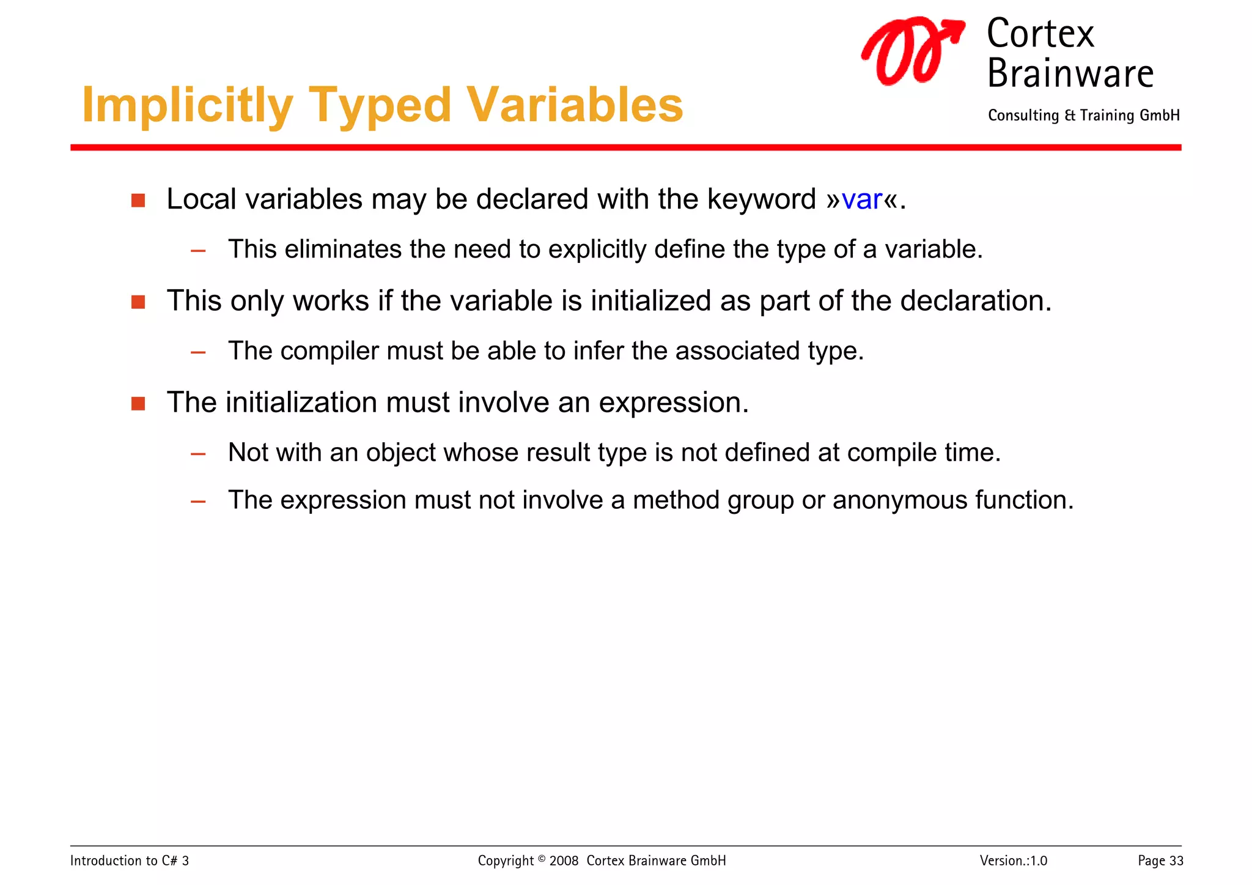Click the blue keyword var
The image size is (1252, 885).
861,200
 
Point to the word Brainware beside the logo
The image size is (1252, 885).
1070,73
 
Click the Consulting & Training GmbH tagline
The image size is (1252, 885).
1083,116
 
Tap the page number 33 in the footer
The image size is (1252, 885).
1176,861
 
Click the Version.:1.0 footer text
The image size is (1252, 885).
1013,861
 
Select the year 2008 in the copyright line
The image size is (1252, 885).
563,861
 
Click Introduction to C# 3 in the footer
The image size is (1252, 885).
130,861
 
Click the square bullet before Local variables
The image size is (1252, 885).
138,201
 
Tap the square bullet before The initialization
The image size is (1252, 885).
138,404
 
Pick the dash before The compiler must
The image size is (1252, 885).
197,352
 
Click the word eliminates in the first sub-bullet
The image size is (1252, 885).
344,250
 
